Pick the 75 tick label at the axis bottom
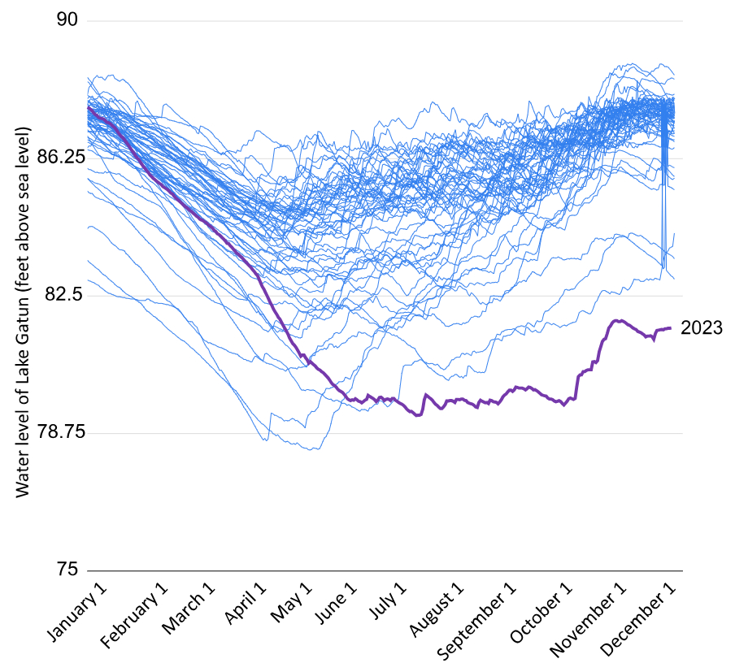(x=69, y=570)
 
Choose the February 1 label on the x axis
(x=136, y=613)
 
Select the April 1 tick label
(x=246, y=604)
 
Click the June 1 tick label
(x=341, y=604)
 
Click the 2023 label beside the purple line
(x=701, y=328)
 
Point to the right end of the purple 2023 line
(x=671, y=328)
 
